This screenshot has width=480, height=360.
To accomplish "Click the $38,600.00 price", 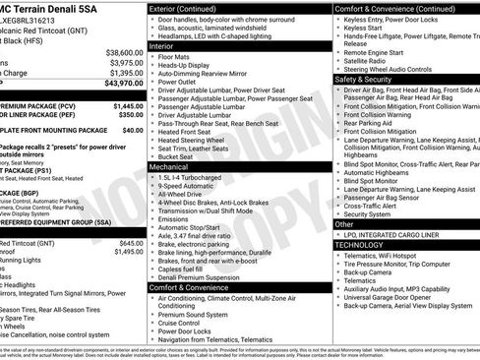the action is (123, 52).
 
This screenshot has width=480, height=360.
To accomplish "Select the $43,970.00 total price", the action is (123, 84).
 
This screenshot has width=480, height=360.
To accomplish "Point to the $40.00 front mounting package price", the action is (133, 129).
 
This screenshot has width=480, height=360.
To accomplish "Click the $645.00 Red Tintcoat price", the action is (131, 242).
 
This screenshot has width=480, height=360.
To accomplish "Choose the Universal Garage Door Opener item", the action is (397, 296).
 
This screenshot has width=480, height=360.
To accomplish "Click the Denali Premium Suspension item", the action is (204, 277).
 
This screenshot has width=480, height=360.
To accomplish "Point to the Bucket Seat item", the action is (175, 157).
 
